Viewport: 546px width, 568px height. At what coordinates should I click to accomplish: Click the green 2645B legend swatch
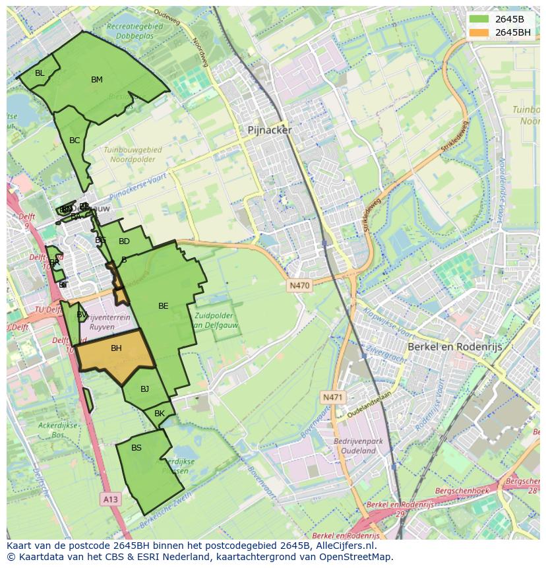tap(479, 19)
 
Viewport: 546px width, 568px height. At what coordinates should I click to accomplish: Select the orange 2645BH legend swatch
tap(479, 32)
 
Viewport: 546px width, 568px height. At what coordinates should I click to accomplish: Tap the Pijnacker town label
tap(269, 131)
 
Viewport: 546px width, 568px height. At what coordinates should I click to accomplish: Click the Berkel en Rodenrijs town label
tap(454, 346)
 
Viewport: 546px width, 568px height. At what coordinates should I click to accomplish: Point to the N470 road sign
tap(299, 286)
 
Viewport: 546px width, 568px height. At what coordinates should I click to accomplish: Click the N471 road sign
tap(333, 397)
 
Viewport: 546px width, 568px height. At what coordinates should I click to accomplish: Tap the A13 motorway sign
tap(110, 499)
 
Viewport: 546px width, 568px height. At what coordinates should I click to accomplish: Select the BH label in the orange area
tap(116, 348)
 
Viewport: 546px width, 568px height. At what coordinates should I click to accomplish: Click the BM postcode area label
tap(97, 80)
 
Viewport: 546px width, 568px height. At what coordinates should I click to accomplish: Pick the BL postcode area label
tap(40, 73)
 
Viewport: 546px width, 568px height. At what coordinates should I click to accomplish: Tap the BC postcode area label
tap(75, 141)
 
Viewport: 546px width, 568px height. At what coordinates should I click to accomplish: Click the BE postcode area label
tap(164, 306)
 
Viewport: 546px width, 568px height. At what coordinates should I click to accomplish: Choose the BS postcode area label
tap(136, 448)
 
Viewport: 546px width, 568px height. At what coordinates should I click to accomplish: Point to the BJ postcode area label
tap(145, 389)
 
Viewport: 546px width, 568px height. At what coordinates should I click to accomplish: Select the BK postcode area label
tap(160, 414)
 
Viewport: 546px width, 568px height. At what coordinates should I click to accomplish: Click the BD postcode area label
tap(124, 241)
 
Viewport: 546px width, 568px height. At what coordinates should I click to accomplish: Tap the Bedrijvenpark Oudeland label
tap(355, 446)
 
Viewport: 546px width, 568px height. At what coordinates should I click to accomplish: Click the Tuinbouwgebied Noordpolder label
tap(133, 154)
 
